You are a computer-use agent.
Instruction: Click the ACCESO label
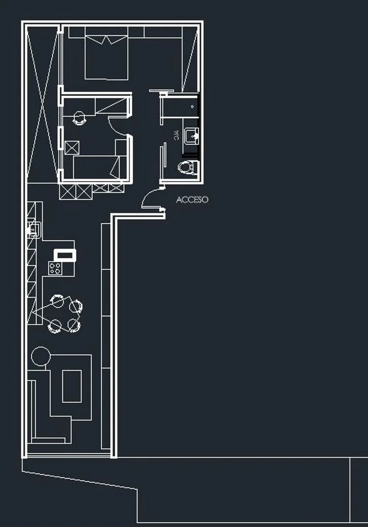192,200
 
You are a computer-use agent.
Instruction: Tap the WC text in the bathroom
176,135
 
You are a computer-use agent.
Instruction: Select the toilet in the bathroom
188,168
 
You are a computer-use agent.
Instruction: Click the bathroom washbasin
192,136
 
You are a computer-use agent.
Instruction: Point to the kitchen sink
34,230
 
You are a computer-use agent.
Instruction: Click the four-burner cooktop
55,268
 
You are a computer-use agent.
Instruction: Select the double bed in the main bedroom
106,53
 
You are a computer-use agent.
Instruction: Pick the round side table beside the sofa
41,356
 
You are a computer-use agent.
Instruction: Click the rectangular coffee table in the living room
72,386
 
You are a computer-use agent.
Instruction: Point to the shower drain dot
192,107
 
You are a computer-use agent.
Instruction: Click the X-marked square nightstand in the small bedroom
72,148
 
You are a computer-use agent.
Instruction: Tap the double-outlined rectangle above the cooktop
65,255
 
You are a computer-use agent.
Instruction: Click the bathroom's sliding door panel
164,155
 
